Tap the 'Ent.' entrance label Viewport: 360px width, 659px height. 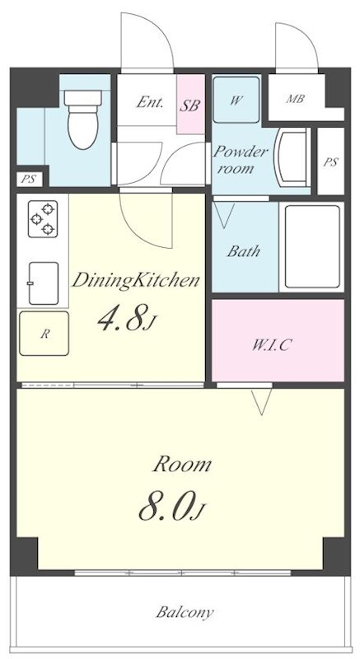click(150, 103)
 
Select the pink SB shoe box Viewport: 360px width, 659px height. click(190, 105)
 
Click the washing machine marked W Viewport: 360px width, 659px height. click(236, 100)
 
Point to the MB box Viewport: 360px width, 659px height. click(294, 100)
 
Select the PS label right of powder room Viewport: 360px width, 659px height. click(330, 162)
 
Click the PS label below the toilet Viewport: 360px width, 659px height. click(29, 178)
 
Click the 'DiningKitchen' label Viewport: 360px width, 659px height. click(135, 280)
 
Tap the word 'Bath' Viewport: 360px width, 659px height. click(244, 251)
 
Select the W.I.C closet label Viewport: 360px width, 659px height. click(272, 344)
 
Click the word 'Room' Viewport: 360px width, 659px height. click(181, 465)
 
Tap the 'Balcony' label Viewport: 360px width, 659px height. click(185, 613)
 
